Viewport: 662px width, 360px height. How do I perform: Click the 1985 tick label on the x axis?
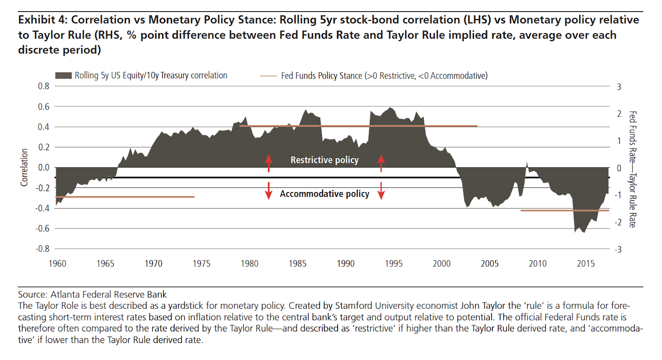(297, 264)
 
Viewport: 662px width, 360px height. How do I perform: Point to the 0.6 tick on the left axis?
(43, 107)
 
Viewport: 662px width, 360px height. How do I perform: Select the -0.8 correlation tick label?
(42, 249)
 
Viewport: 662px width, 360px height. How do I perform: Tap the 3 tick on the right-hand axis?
(619, 87)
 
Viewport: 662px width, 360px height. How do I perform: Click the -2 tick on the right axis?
(618, 223)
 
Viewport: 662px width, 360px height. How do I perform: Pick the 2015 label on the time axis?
(585, 264)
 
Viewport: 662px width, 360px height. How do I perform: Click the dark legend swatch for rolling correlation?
(63, 76)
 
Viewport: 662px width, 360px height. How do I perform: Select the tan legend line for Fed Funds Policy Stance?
(269, 76)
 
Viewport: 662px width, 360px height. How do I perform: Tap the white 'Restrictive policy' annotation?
(324, 160)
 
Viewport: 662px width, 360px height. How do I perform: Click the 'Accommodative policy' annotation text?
(324, 194)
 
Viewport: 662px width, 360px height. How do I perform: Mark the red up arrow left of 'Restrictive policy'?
(269, 163)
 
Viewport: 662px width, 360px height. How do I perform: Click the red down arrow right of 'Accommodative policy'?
(381, 191)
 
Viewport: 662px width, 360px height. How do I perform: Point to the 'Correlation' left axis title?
(24, 167)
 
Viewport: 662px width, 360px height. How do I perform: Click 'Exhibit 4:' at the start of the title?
(42, 20)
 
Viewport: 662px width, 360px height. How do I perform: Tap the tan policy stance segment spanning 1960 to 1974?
(124, 197)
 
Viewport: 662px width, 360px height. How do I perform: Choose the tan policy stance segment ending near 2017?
(565, 211)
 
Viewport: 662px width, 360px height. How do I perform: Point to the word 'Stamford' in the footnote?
(353, 306)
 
